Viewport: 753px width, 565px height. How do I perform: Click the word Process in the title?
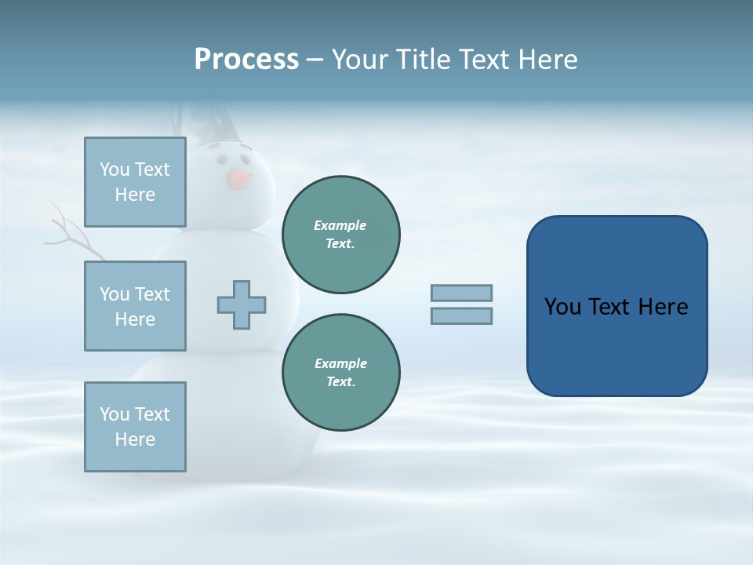246,60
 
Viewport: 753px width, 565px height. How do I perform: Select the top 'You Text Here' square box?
135,182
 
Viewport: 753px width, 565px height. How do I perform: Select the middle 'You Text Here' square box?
135,306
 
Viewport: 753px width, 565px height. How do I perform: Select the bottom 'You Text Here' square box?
135,427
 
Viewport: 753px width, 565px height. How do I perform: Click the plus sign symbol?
242,304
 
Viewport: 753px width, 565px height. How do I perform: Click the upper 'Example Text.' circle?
341,235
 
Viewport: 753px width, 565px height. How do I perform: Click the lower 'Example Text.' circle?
341,373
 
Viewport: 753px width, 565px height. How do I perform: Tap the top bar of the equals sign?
461,293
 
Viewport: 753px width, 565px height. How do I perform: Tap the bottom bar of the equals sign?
461,315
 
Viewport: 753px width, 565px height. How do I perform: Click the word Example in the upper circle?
340,225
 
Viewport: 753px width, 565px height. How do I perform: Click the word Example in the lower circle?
340,363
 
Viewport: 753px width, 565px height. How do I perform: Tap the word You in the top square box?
114,169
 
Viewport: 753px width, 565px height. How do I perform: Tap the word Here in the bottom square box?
135,439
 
